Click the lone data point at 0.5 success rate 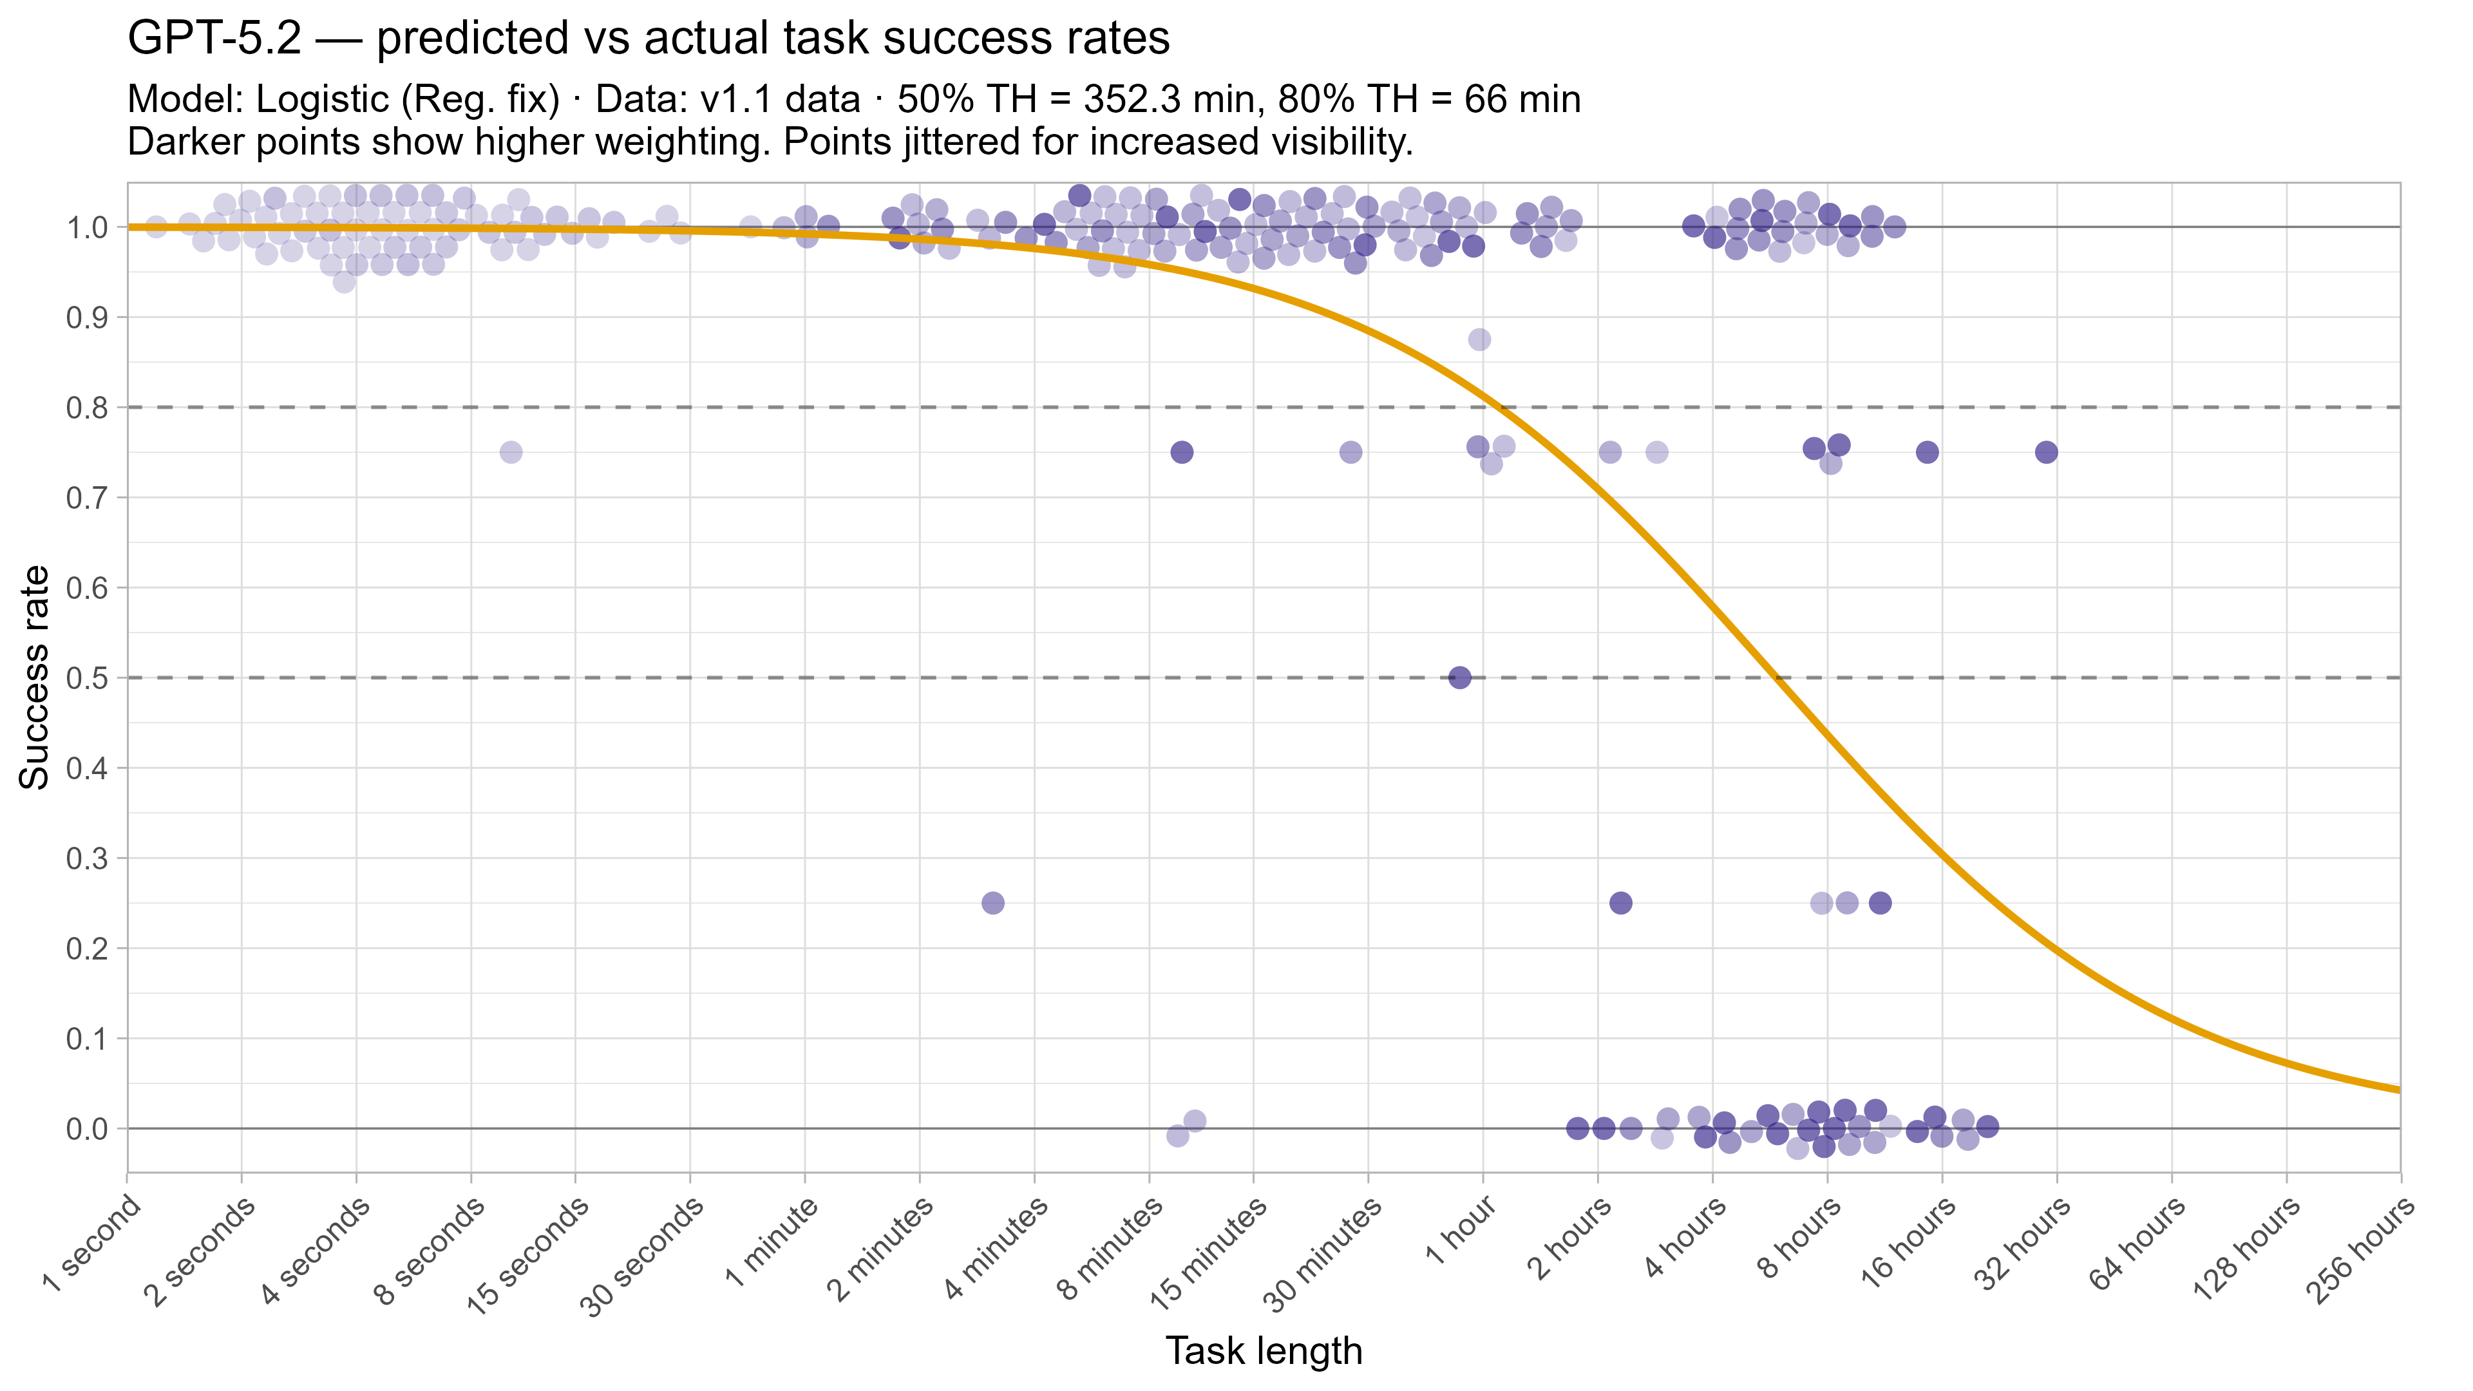click(x=1459, y=677)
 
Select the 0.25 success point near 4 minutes click(x=992, y=904)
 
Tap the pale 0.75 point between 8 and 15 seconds click(x=511, y=452)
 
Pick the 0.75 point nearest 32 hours click(x=2046, y=452)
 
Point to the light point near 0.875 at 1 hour click(x=1479, y=340)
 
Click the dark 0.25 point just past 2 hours click(x=1620, y=904)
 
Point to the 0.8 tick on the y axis click(x=86, y=408)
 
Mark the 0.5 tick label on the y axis click(x=86, y=677)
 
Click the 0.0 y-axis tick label click(x=86, y=1129)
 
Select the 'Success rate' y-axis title click(x=35, y=677)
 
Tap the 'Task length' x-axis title click(x=1264, y=1350)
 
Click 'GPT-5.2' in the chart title click(x=214, y=39)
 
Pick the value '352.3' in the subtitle click(x=1135, y=100)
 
